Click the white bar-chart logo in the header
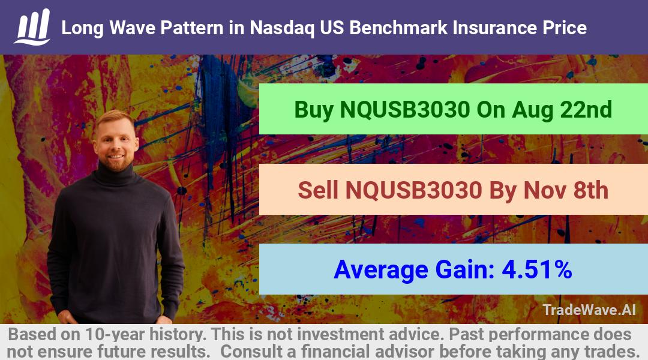coord(32,27)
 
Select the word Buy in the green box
coord(313,110)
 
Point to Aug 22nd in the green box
coord(562,110)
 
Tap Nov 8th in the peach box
coord(566,190)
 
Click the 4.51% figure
coord(537,269)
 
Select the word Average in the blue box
coord(381,270)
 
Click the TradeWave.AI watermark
coord(589,310)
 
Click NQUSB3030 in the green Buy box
coord(404,110)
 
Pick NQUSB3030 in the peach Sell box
coord(413,190)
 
